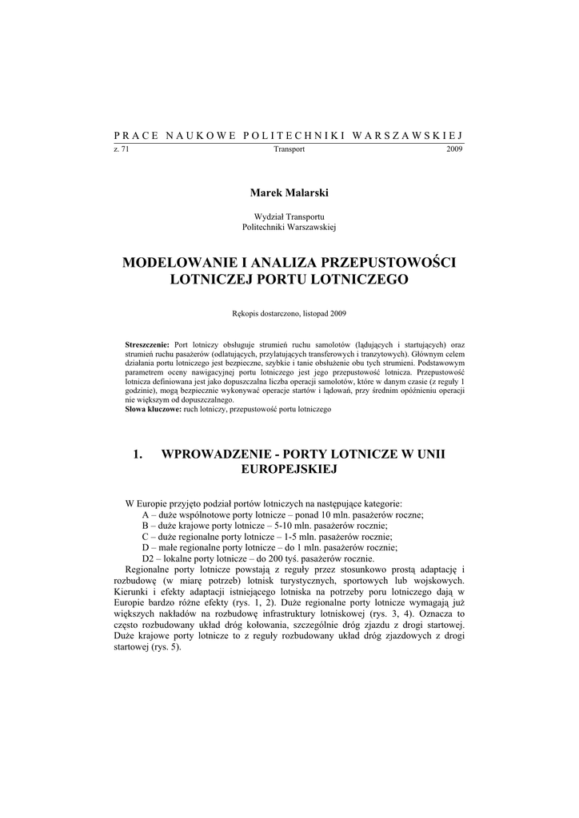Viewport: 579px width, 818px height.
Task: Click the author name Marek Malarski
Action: [289, 193]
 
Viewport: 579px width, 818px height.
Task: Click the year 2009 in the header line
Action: [454, 149]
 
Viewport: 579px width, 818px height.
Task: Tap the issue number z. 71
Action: [122, 149]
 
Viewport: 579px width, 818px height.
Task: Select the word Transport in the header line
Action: [289, 149]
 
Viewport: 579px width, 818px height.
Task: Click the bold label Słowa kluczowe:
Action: [154, 409]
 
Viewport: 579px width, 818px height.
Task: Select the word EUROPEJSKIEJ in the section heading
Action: [289, 470]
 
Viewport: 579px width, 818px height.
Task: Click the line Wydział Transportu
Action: [289, 216]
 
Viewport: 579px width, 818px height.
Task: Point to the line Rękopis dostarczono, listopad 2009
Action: [289, 313]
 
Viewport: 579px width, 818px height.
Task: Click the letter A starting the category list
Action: [146, 515]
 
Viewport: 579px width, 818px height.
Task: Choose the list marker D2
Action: [148, 558]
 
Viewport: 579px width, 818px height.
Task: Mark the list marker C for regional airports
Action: [146, 537]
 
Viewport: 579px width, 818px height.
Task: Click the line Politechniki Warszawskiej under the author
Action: [289, 227]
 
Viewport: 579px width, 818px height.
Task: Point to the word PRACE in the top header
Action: [134, 134]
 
